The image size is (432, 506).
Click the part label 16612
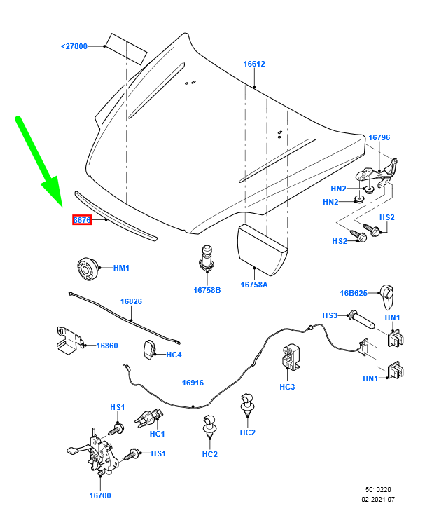tap(254, 64)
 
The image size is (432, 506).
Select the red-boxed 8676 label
tap(82, 220)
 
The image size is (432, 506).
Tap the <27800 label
tap(74, 46)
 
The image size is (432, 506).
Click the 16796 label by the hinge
tap(379, 137)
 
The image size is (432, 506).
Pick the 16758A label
tap(255, 285)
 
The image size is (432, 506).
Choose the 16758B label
tap(207, 289)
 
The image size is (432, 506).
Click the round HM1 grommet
tap(85, 268)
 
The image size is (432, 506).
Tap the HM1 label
tap(121, 268)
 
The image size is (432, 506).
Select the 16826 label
tap(131, 301)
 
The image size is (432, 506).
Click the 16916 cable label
tap(193, 383)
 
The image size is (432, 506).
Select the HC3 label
tap(287, 386)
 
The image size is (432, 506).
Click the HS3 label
tap(330, 315)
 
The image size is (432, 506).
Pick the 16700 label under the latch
tap(99, 495)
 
